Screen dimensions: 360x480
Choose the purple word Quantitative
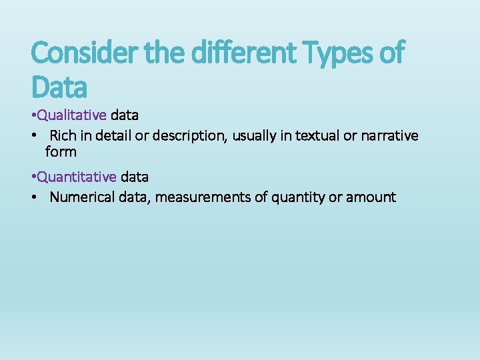(x=77, y=177)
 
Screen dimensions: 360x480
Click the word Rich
(x=63, y=136)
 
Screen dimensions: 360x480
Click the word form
(x=61, y=152)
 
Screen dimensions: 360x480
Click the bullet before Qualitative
(x=33, y=115)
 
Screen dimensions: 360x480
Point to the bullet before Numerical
(x=33, y=198)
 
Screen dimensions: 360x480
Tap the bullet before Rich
(x=33, y=137)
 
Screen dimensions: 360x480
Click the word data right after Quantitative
(x=135, y=177)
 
